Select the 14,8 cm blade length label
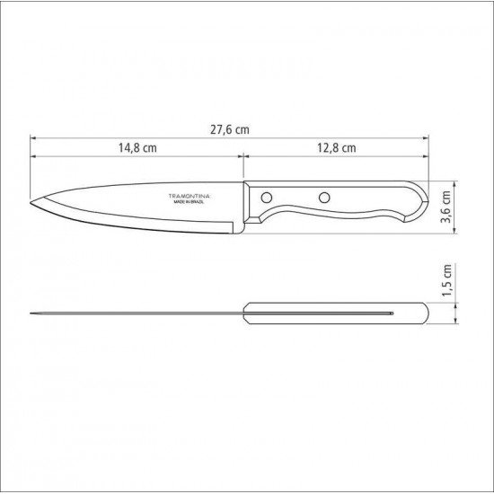click(134, 147)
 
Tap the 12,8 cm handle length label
click(336, 147)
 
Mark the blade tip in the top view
click(32, 313)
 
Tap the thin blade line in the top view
click(135, 313)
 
